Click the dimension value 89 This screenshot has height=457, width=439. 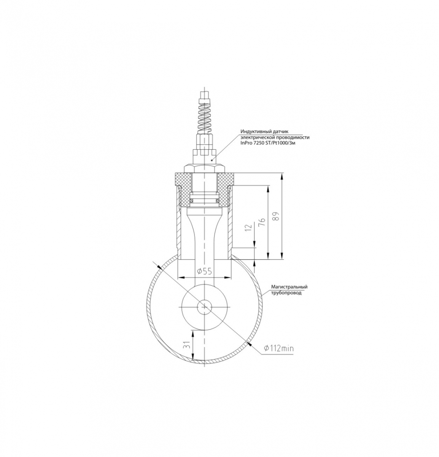pos(277,216)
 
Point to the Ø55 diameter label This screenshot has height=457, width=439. pos(205,272)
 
